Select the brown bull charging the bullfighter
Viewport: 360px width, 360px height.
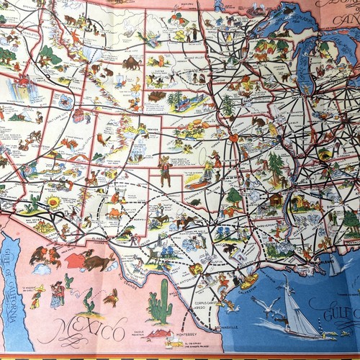(x=97, y=259)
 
